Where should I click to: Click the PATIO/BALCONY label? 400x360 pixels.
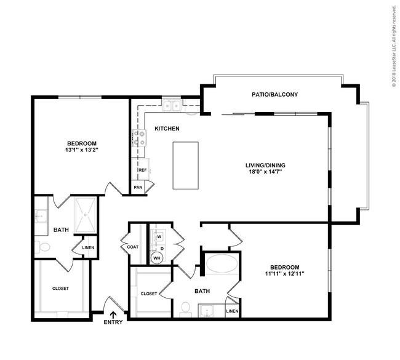tap(274, 94)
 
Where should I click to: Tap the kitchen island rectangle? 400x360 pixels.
tap(185, 166)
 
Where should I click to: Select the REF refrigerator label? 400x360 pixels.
tap(143, 170)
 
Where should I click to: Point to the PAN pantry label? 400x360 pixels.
tap(138, 187)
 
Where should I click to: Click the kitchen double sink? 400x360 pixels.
tap(172, 106)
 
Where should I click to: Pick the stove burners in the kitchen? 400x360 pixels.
tap(139, 138)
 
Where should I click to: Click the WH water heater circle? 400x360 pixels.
tap(157, 258)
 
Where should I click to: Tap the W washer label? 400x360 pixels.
tap(159, 236)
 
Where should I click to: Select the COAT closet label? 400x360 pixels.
tap(133, 247)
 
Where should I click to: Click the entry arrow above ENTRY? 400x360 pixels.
tap(113, 314)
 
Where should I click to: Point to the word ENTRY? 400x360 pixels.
tap(113, 322)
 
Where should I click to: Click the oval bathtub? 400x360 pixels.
tap(222, 264)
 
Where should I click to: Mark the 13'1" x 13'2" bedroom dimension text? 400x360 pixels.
tap(82, 150)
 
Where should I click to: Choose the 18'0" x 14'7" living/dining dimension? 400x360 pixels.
tap(265, 172)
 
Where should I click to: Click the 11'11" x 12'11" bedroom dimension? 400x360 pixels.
tap(285, 274)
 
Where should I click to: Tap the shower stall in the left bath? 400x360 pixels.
tap(86, 215)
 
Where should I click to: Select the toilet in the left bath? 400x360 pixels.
tap(42, 247)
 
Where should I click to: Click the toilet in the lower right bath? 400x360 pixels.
tap(185, 309)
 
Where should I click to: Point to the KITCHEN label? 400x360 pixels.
tap(167, 129)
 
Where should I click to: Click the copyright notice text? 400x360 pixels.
tap(394, 46)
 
